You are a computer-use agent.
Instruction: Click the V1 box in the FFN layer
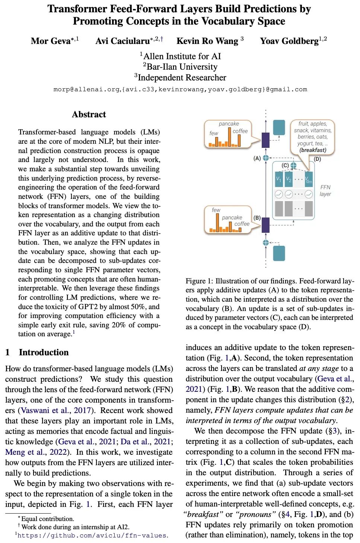click(278, 180)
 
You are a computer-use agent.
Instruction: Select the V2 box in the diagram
click(289, 180)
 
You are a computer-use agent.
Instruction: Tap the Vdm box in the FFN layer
click(309, 180)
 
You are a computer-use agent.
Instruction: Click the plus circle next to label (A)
click(266, 158)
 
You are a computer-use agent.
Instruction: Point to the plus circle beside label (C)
click(293, 165)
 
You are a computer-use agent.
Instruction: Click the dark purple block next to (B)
click(265, 225)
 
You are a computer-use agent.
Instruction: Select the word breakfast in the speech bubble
click(313, 150)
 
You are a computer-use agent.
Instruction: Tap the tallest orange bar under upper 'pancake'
click(229, 137)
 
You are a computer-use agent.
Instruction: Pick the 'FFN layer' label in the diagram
click(325, 190)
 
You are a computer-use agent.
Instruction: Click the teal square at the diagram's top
click(279, 128)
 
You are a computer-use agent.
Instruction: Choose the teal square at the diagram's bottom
click(279, 253)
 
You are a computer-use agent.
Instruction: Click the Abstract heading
click(89, 114)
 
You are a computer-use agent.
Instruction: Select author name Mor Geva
click(51, 41)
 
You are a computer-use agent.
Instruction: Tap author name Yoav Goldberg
click(289, 41)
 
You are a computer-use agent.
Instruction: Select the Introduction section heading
click(44, 352)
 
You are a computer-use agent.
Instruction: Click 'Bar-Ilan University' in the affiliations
click(182, 67)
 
